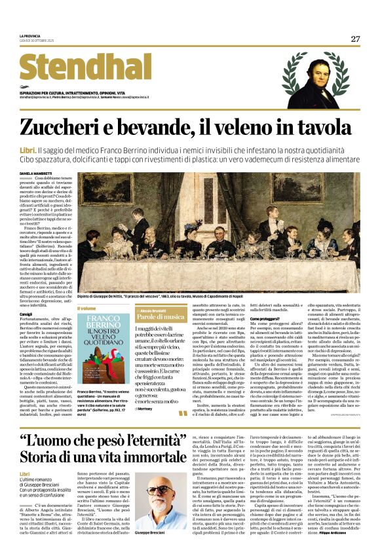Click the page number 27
pyautogui.click(x=355, y=39)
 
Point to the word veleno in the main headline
pyautogui.click(x=256, y=127)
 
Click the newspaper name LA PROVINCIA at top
pyautogui.click(x=30, y=36)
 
